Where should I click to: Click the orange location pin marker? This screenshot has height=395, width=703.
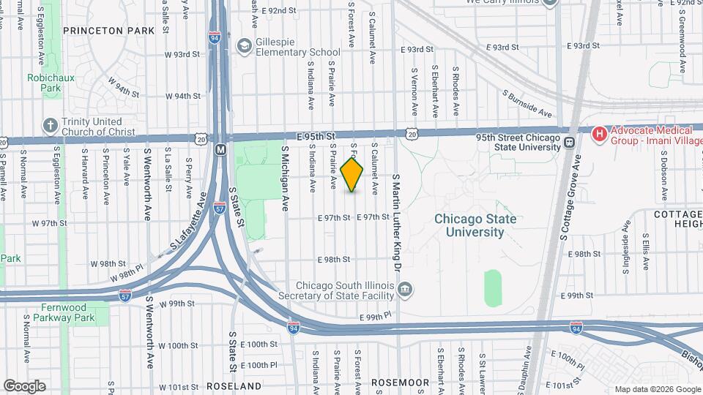point(352,175)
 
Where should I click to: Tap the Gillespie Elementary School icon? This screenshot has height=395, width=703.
point(242,47)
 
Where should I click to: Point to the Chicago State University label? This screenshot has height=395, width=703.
point(475,225)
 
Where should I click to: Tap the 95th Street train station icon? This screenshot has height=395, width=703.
point(568,142)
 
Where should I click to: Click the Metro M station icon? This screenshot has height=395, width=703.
point(220,149)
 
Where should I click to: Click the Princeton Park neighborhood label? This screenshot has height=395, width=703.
point(109,31)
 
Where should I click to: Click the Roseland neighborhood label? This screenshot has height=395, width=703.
point(234,385)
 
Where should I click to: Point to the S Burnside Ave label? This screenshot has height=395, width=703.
point(527,103)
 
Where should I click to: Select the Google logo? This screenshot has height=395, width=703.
point(24,385)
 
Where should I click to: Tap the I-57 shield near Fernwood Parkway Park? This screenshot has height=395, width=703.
point(125,296)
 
